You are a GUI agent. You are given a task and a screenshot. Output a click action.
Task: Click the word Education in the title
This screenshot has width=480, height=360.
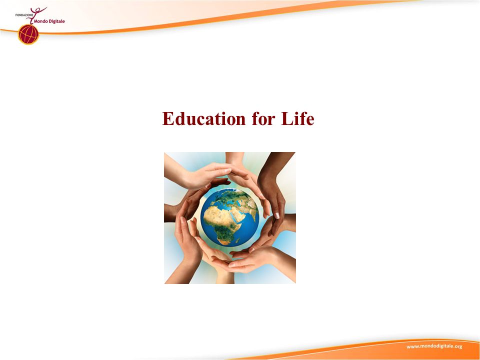[x=203, y=118]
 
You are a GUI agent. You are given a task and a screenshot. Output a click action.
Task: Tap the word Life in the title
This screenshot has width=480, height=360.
[x=297, y=118]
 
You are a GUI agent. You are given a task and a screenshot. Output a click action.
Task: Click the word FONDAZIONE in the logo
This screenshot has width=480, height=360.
[x=24, y=14]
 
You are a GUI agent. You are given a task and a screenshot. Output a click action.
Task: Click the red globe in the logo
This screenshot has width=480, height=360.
[x=28, y=34]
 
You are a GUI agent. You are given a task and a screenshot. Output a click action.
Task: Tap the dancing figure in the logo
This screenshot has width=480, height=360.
[x=36, y=14]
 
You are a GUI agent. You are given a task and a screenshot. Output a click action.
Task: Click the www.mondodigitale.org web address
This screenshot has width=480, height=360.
[x=434, y=346]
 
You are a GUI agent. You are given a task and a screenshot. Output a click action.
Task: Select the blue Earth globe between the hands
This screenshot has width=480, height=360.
[x=229, y=217]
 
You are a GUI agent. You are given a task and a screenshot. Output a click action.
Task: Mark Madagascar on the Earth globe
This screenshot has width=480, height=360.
[x=237, y=240]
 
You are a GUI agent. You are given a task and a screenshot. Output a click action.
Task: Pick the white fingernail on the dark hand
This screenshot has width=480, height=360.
[x=276, y=215]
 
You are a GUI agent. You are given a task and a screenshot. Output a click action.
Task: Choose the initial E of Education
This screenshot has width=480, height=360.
[x=168, y=118]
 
